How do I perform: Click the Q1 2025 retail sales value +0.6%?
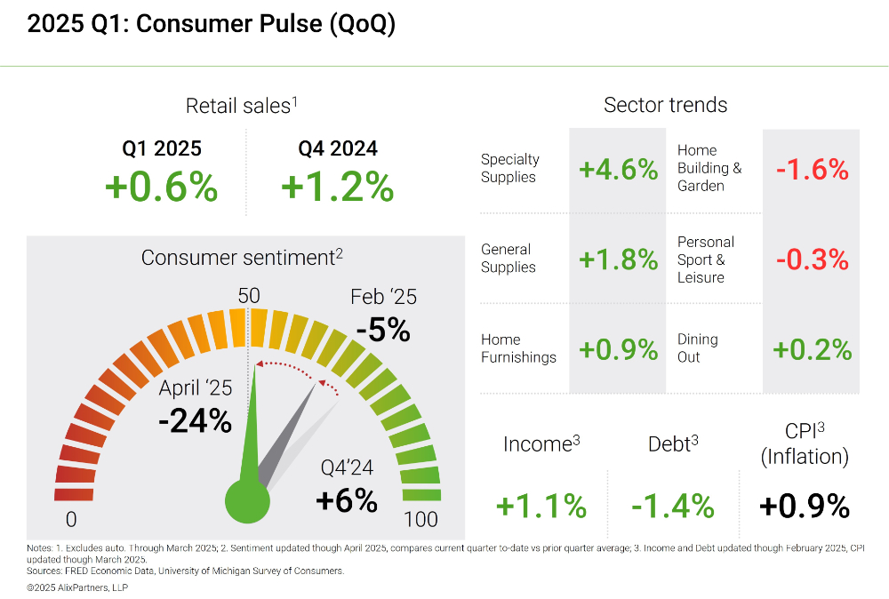pos(161,188)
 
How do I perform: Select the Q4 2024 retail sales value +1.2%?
pos(337,188)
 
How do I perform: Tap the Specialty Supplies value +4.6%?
pos(618,169)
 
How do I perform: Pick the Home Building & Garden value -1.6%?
pos(812,169)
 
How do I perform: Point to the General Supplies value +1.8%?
pos(618,260)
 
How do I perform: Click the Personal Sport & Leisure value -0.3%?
pos(812,260)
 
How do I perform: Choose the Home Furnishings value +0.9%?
pos(618,349)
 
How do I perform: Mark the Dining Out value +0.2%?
pos(812,349)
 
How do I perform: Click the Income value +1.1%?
pos(541,506)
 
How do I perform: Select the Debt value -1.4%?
pos(673,506)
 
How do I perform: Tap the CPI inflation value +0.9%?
pos(805,506)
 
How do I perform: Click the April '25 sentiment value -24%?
pos(195,420)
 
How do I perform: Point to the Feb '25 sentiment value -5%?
pos(383,330)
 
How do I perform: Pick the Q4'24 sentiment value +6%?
pos(347,499)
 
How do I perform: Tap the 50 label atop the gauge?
pos(249,295)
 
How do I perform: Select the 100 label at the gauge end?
pos(420,519)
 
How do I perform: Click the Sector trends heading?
pos(665,105)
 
